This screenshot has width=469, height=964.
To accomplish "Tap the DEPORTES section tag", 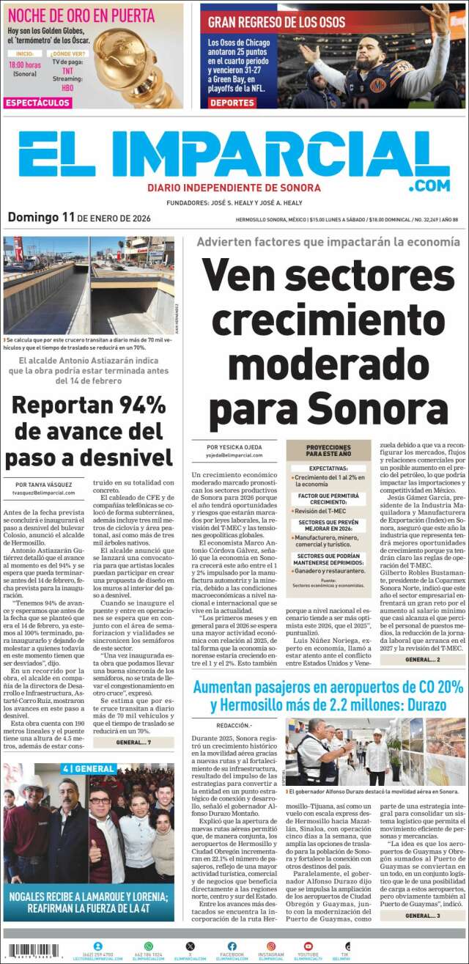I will tap(232, 103).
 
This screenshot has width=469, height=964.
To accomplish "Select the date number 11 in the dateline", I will tap(69, 217).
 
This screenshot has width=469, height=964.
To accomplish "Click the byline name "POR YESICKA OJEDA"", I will tap(234, 446).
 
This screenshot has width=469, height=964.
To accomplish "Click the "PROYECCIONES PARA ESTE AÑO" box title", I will tap(328, 450).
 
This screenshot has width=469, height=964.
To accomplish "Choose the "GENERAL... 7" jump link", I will tap(133, 743).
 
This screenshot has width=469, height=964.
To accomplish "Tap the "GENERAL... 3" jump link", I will tap(422, 916).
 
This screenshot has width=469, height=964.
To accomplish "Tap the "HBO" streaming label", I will tap(67, 88).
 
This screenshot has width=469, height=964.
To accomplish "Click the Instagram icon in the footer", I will tap(270, 946).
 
